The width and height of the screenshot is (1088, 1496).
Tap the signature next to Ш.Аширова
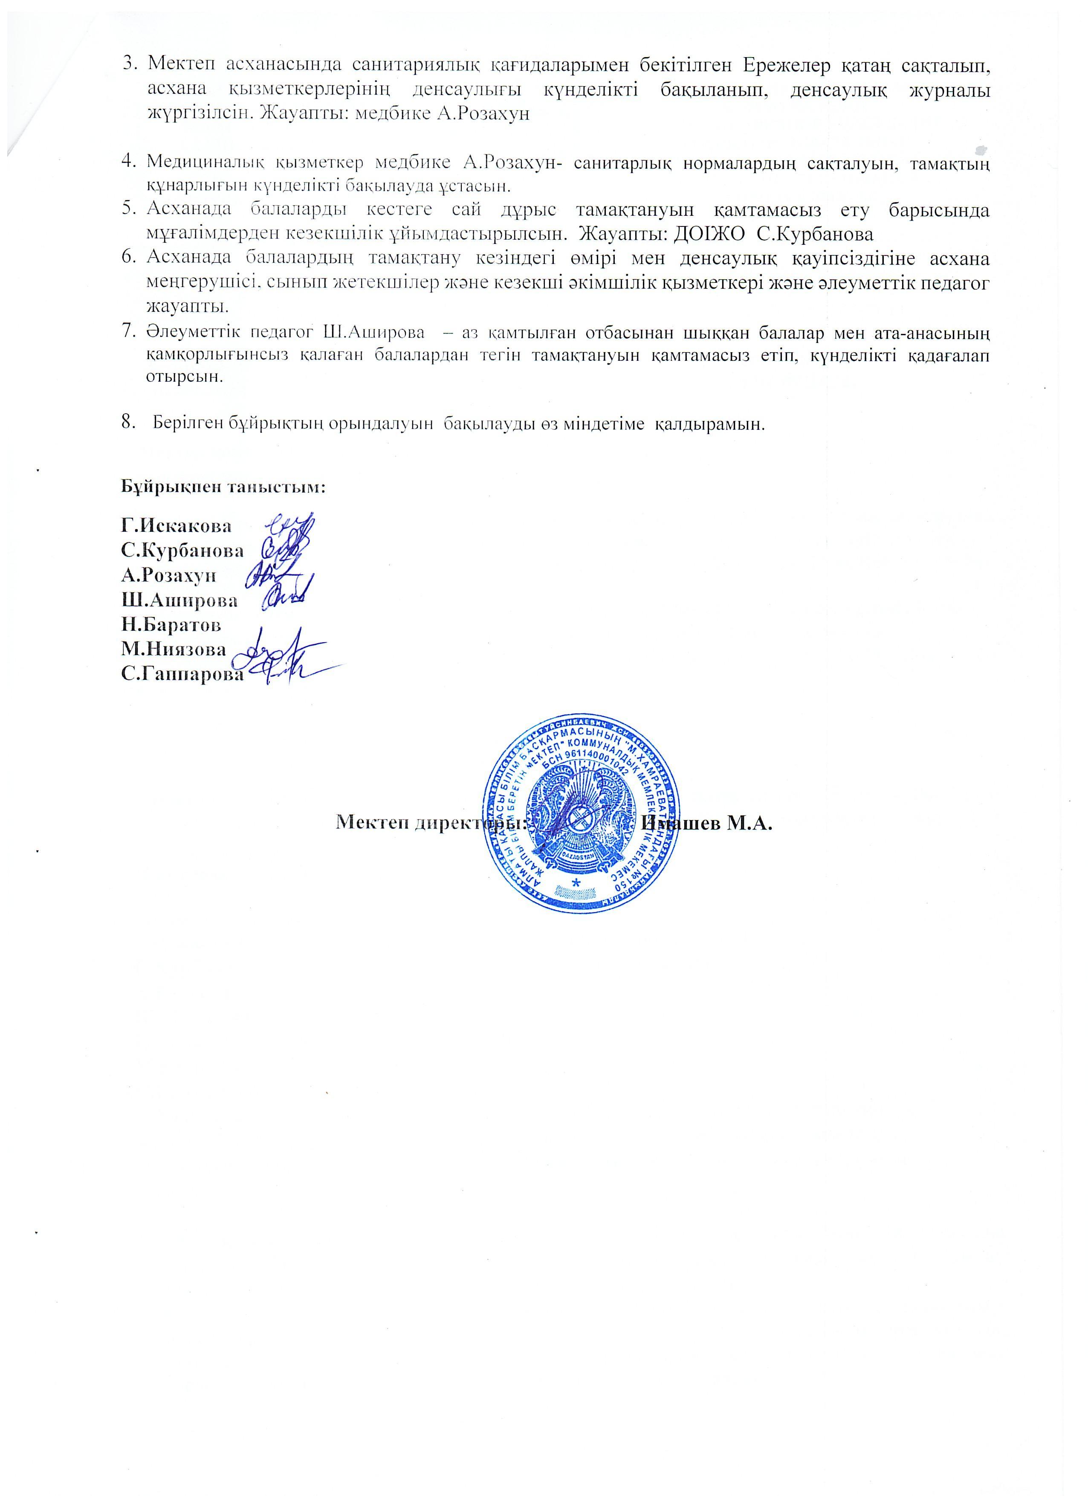point(284,598)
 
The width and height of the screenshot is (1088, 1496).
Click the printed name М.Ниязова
point(173,649)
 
